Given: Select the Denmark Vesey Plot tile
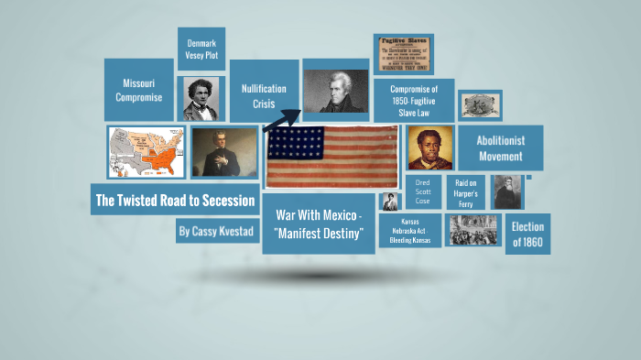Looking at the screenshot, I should tap(201, 49).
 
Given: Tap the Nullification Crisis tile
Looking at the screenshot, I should tap(264, 96).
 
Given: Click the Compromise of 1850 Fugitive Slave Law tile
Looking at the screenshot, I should tap(414, 100).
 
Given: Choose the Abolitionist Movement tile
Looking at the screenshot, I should tap(500, 147).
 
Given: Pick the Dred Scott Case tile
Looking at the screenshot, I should tap(422, 193).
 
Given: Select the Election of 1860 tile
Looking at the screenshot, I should tap(527, 234).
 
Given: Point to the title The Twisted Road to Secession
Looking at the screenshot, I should tap(175, 200).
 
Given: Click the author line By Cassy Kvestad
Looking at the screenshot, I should tap(215, 231).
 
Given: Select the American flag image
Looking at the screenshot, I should tap(331, 156).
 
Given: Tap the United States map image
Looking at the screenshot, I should tap(146, 152).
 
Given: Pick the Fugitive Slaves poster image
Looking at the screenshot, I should tap(403, 54).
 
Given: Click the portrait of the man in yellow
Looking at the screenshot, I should tap(429, 148).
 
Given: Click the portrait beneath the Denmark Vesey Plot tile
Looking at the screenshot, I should tap(201, 98).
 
